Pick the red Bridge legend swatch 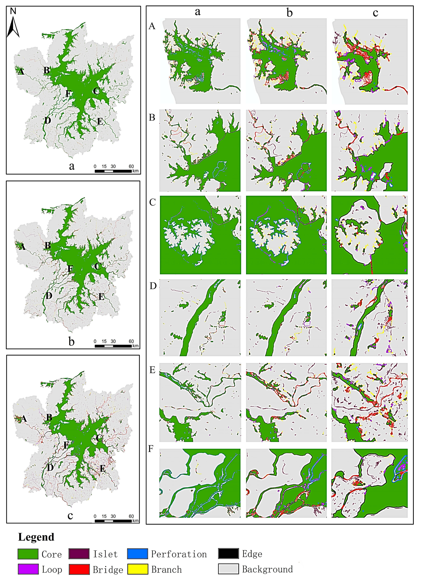[79, 569]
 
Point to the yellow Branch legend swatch [137, 569]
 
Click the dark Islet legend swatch [79, 554]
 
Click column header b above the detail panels [289, 12]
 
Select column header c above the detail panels [375, 12]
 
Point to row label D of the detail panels [153, 286]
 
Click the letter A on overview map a [21, 72]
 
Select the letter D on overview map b [49, 296]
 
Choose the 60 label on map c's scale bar [131, 516]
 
